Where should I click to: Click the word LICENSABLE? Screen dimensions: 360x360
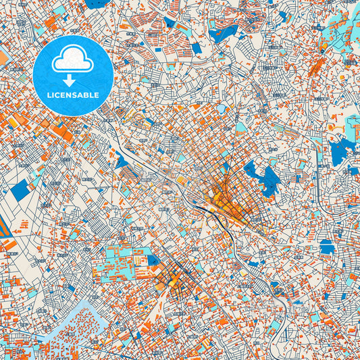tap(73, 95)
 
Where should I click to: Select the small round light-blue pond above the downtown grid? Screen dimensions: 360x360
tap(220, 108)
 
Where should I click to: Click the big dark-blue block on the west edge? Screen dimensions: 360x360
tap(20, 191)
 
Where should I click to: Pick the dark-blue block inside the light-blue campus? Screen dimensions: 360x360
tap(153, 259)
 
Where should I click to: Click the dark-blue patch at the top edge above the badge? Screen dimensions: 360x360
tap(98, 3)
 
